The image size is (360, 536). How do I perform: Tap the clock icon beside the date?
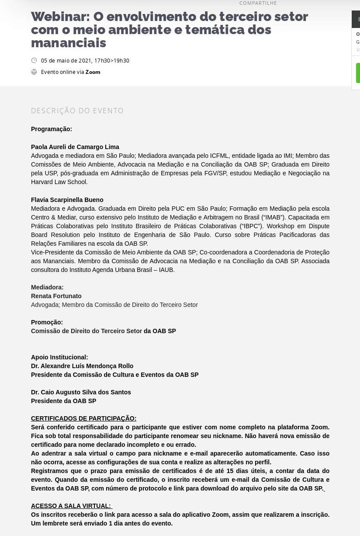coord(34,60)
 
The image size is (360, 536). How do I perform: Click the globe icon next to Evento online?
coord(34,72)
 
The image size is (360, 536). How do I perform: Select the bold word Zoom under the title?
coord(93,72)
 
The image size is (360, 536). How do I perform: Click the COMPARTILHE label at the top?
coord(258,3)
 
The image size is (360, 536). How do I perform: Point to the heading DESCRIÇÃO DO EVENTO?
coord(77,111)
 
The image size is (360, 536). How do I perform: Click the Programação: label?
coord(52,129)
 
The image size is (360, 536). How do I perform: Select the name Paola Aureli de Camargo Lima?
coord(75,147)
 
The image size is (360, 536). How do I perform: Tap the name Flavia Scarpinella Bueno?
coord(67,200)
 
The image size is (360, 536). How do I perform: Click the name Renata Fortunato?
coord(56,296)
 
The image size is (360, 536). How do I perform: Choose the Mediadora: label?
coord(47,287)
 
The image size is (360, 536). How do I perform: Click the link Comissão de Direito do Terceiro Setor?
coord(87,331)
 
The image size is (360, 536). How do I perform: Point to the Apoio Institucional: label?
coord(59,357)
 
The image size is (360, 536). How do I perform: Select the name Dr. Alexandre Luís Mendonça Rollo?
coord(82,366)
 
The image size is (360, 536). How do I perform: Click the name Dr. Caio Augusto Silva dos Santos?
coord(81,392)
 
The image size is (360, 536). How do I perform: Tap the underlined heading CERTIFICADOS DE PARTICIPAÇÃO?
coord(83,418)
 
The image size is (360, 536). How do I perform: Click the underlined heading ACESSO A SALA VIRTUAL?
coord(71,506)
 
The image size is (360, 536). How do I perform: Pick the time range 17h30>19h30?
coord(112,61)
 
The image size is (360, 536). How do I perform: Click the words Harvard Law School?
coord(59,182)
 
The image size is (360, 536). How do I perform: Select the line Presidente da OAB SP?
coord(63,401)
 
